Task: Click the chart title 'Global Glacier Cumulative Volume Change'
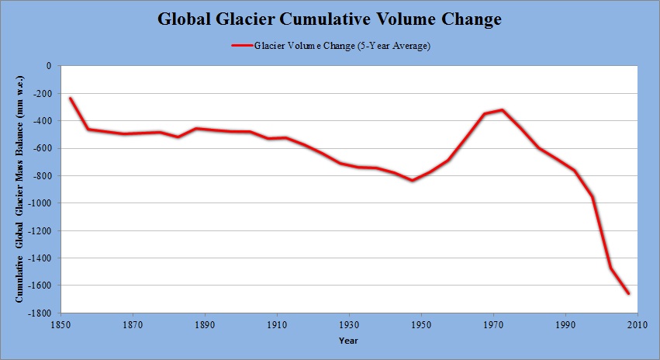(x=330, y=19)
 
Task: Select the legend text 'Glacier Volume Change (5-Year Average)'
(x=342, y=46)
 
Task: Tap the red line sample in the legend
(x=241, y=46)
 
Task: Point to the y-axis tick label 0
(x=47, y=66)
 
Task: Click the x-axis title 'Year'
(x=348, y=340)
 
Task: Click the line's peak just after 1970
(x=503, y=109)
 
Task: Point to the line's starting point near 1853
(x=71, y=98)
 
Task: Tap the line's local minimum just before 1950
(x=413, y=180)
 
